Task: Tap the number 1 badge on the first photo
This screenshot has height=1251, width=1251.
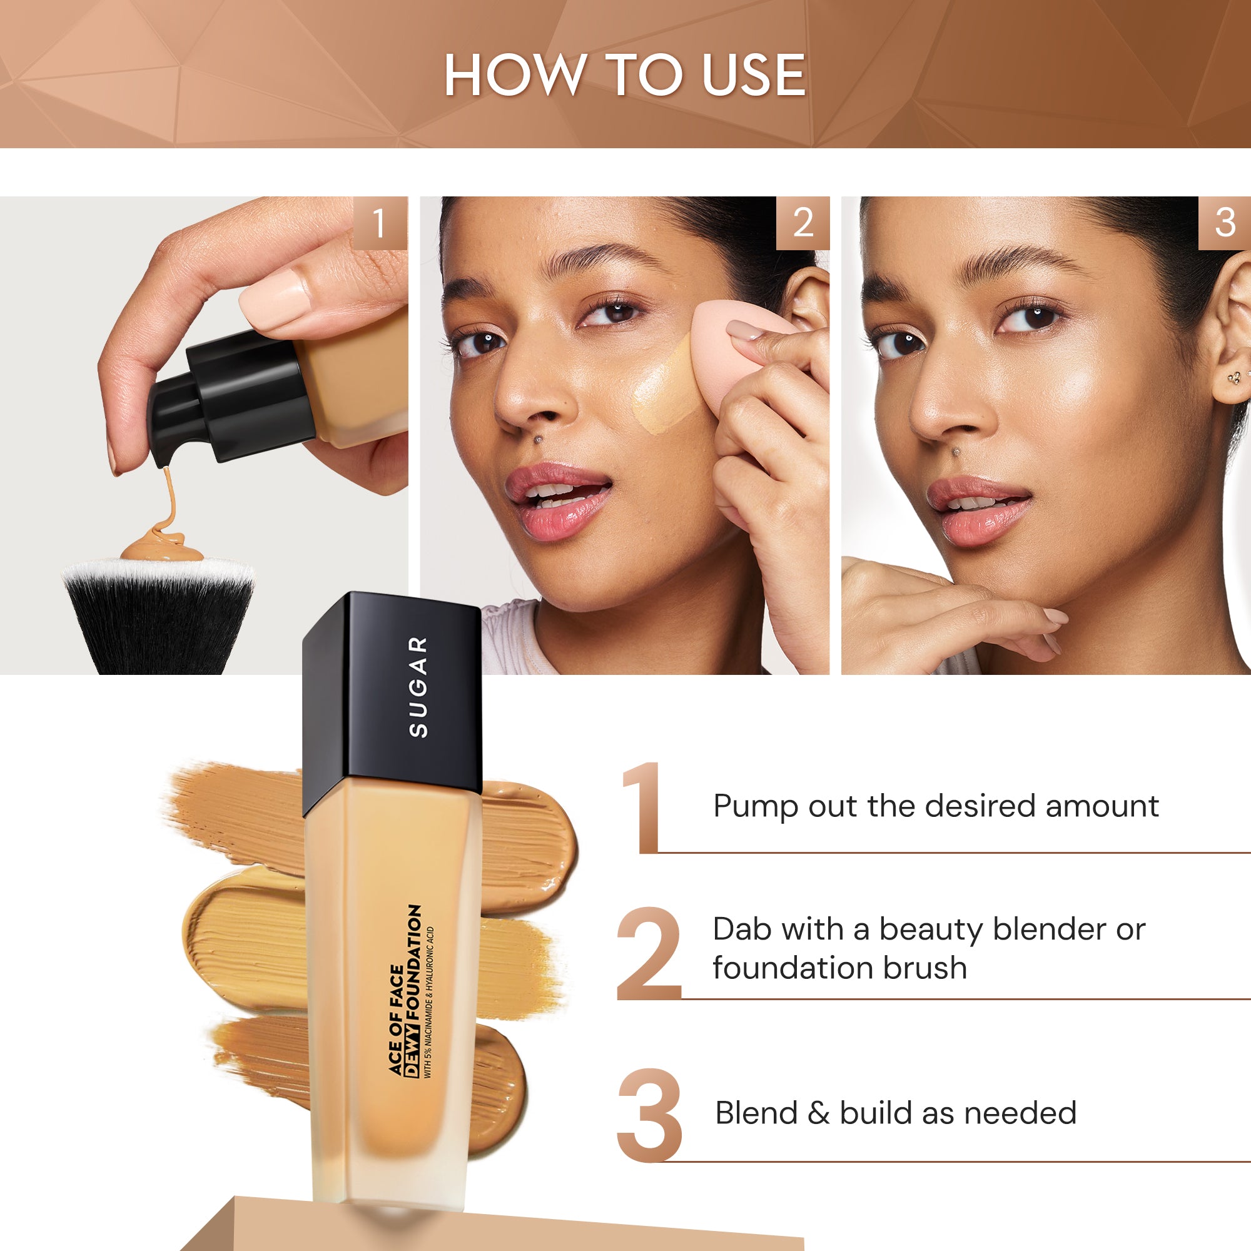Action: click(x=380, y=223)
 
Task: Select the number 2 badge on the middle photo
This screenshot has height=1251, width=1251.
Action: click(x=803, y=223)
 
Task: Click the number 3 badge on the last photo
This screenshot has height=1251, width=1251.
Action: click(x=1225, y=223)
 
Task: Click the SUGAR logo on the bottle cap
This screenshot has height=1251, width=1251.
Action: click(x=419, y=686)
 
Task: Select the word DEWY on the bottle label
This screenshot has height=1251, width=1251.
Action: click(x=412, y=1056)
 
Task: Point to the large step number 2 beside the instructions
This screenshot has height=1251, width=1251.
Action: click(x=648, y=955)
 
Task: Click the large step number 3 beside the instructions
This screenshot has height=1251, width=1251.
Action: click(x=649, y=1115)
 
